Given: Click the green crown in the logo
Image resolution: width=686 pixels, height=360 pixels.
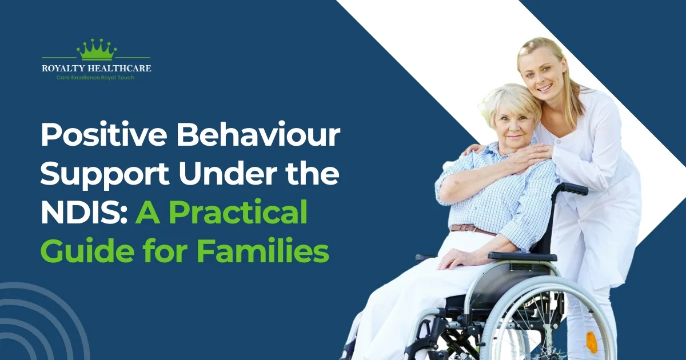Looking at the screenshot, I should click(x=96, y=50).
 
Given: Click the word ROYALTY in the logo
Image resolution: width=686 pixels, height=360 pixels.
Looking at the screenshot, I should click(x=64, y=69).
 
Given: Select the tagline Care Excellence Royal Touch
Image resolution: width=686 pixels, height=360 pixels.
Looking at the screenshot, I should click(x=96, y=77).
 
